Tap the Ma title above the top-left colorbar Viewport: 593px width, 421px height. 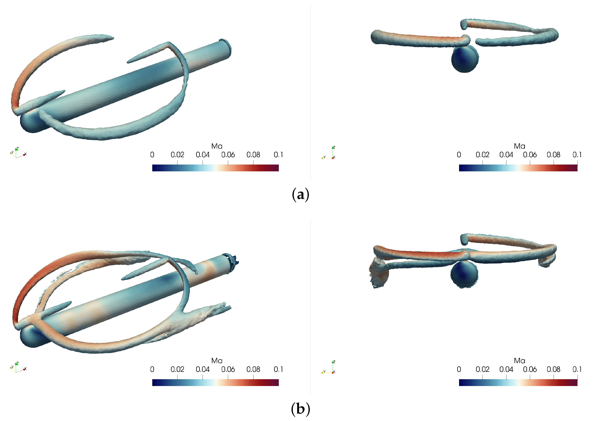[217, 146]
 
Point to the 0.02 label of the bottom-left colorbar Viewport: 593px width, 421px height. [177, 369]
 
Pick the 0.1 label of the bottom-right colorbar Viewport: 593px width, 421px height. [577, 369]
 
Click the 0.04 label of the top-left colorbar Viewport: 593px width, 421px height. [203, 155]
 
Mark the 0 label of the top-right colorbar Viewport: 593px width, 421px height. [459, 155]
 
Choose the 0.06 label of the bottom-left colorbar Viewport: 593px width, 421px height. [228, 369]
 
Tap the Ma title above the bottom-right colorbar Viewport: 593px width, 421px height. [519, 361]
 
